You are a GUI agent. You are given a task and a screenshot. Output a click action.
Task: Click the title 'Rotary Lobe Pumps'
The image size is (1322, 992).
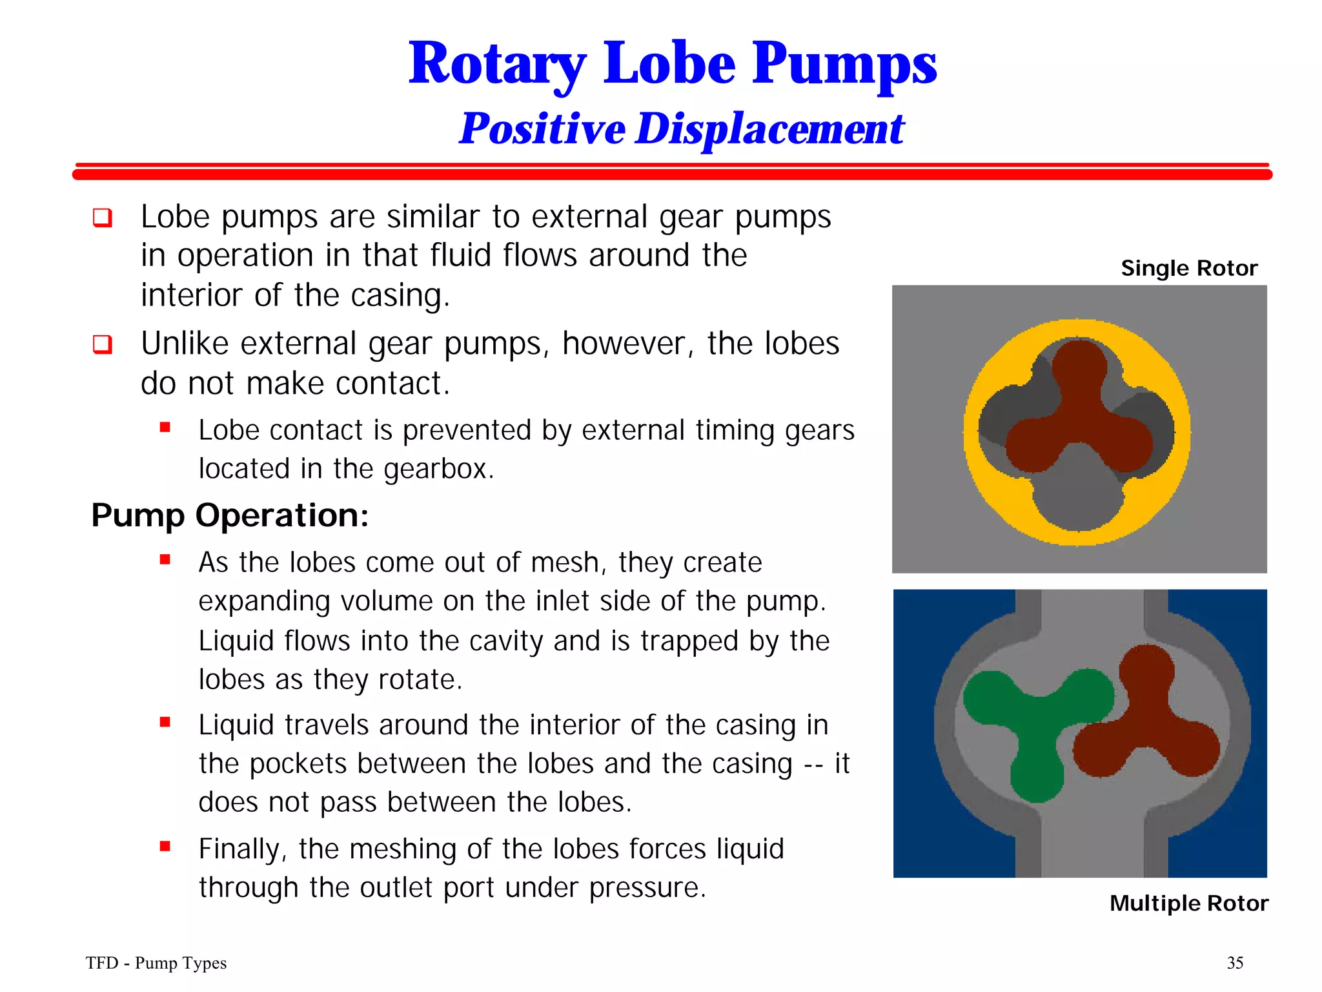pyautogui.click(x=673, y=64)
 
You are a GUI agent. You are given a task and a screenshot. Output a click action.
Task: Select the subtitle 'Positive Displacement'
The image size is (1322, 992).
pyautogui.click(x=682, y=129)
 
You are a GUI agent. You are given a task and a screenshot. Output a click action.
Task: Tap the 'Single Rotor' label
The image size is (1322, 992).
pyautogui.click(x=1189, y=268)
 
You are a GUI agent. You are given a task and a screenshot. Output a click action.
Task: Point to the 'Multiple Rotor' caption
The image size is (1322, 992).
pyautogui.click(x=1189, y=903)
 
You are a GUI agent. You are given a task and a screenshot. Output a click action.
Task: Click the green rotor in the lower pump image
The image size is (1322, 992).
pyautogui.click(x=1037, y=723)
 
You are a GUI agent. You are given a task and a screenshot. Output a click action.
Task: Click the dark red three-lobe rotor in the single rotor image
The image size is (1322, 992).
pyautogui.click(x=1079, y=413)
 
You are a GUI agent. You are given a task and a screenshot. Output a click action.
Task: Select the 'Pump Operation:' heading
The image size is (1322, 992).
pyautogui.click(x=230, y=515)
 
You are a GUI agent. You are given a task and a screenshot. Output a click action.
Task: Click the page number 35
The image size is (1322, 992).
pyautogui.click(x=1235, y=963)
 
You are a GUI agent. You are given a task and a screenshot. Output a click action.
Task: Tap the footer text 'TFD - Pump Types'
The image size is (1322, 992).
pyautogui.click(x=156, y=963)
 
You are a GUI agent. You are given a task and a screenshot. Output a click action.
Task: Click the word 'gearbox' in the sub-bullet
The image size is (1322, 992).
pyautogui.click(x=437, y=469)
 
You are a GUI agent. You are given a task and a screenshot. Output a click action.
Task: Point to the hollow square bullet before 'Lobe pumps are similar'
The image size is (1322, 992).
pyautogui.click(x=103, y=218)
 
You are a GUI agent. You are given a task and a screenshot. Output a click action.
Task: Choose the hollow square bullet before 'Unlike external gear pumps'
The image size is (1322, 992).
pyautogui.click(x=103, y=344)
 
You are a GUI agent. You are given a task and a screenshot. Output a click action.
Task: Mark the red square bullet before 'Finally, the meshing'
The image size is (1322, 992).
pyautogui.click(x=165, y=846)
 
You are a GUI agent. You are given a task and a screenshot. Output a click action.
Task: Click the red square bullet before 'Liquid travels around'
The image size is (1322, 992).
pyautogui.click(x=165, y=722)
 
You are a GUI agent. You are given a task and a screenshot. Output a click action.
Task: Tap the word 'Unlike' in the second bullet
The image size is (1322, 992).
pyautogui.click(x=183, y=344)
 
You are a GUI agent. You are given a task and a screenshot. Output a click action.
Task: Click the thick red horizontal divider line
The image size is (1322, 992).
pyautogui.click(x=671, y=174)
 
